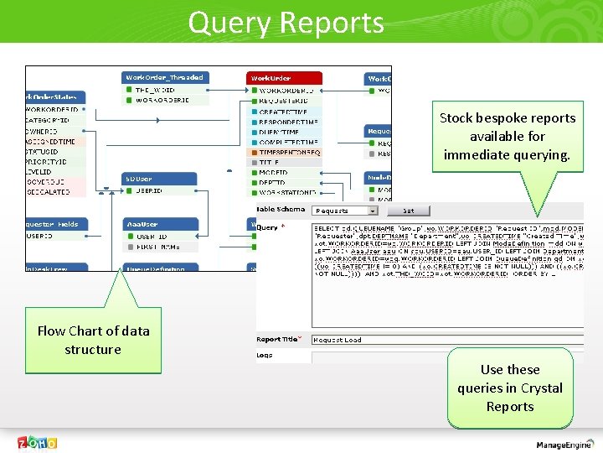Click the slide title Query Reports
[x=286, y=22]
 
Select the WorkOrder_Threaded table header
[x=164, y=77]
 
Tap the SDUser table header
[x=158, y=179]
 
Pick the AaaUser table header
[x=158, y=224]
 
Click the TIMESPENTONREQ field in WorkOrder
[x=290, y=153]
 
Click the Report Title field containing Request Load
[x=444, y=340]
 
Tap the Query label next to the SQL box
[x=267, y=227]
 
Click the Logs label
[x=265, y=355]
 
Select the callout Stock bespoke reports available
[x=508, y=136]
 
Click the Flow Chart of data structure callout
[x=93, y=340]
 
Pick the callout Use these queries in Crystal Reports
[x=509, y=388]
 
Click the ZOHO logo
[x=38, y=442]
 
